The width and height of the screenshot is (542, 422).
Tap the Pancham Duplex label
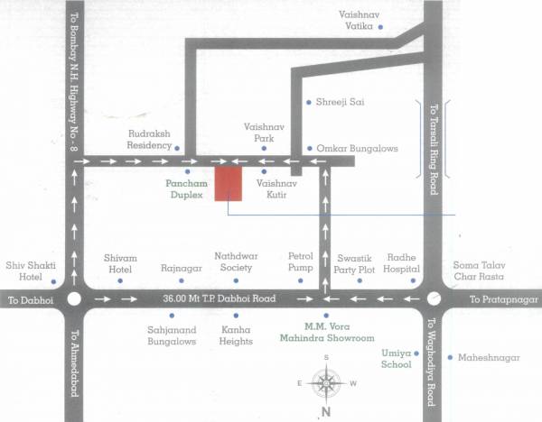tap(187, 188)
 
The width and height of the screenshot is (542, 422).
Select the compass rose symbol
tap(324, 383)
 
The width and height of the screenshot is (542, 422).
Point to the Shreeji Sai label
tap(340, 102)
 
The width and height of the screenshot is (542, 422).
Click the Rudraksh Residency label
tap(148, 138)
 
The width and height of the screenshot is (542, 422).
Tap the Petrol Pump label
tap(300, 261)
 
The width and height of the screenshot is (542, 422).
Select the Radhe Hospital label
tap(402, 261)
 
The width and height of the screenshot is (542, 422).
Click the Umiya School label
tap(396, 360)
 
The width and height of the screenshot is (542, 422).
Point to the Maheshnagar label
tap(490, 357)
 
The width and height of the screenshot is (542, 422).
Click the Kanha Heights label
tap(236, 335)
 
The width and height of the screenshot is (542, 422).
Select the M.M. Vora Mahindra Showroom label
tap(338, 333)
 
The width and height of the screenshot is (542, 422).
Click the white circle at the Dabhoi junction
tap(74, 299)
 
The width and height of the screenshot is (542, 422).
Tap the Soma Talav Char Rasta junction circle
tap(434, 298)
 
